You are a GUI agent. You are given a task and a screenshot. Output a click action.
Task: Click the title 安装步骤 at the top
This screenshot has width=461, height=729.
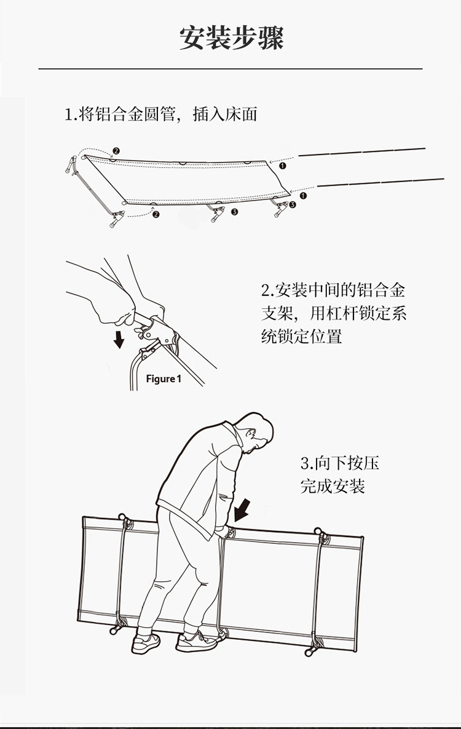(x=231, y=38)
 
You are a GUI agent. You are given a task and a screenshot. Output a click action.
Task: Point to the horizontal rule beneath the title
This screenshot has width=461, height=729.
(x=230, y=68)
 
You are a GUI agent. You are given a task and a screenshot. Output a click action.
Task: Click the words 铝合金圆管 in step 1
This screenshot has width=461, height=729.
(x=134, y=114)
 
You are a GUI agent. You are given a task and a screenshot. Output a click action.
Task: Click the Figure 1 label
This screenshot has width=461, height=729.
(x=164, y=378)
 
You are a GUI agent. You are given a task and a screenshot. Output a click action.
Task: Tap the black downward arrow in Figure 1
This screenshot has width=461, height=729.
(x=119, y=339)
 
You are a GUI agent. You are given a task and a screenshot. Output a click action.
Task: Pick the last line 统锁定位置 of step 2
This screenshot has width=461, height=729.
(x=301, y=336)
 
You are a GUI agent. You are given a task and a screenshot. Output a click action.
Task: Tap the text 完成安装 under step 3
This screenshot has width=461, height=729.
(x=333, y=486)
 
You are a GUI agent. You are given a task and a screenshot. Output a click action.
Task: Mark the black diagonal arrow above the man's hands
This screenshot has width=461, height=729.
(x=243, y=509)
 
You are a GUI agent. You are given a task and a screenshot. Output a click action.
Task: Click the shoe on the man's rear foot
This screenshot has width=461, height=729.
(x=146, y=643)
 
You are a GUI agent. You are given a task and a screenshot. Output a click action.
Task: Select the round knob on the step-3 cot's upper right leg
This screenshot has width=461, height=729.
(x=318, y=530)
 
